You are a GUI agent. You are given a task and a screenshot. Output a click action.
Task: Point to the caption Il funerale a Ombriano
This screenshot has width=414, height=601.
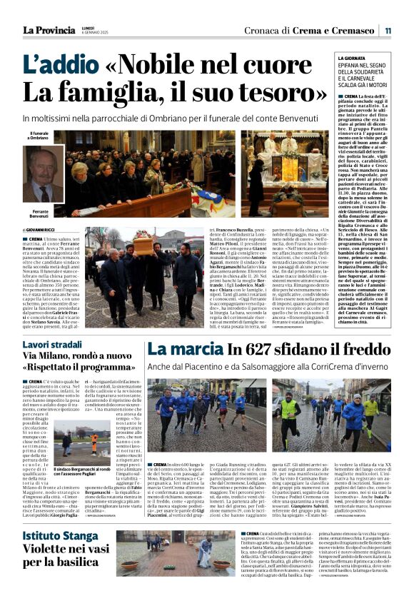[39, 136]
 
